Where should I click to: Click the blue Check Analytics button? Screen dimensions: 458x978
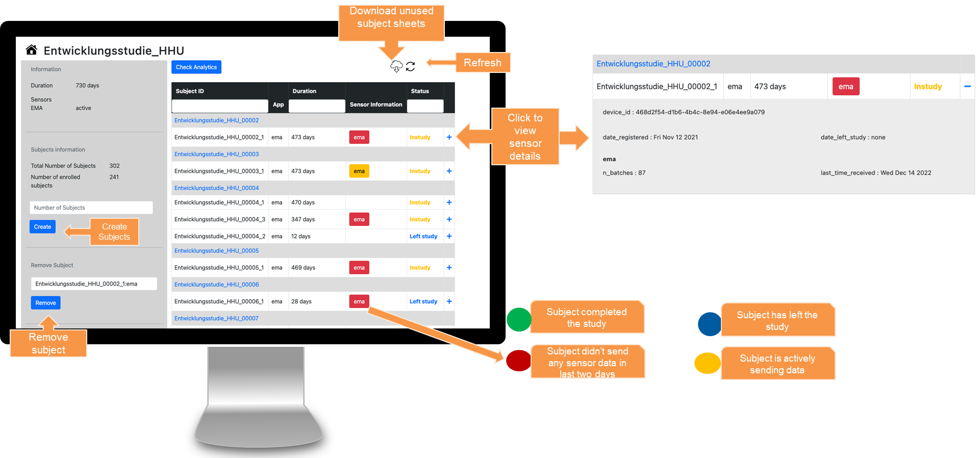196,67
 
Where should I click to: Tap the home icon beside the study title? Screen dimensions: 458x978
32,50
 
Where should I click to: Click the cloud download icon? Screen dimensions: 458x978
396,66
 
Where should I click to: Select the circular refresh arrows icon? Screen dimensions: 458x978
410,66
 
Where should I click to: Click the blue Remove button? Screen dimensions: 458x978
45,303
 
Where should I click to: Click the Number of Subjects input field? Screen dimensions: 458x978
91,208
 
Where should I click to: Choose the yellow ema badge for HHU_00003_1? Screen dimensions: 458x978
359,171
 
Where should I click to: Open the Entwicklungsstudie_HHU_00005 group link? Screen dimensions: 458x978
216,251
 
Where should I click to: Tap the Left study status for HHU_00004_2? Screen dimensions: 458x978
423,237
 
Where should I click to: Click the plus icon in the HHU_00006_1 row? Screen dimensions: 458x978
449,301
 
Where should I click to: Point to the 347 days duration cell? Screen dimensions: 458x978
303,219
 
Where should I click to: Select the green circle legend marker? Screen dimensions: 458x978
519,320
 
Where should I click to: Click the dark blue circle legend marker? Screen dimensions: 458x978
710,324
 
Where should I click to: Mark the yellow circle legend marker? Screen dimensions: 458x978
708,363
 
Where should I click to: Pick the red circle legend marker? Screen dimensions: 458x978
518,361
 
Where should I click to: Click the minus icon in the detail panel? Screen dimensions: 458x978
967,87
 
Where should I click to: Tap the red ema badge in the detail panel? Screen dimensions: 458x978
845,87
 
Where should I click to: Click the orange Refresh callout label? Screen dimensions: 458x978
483,63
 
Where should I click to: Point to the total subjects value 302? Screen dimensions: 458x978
115,166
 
